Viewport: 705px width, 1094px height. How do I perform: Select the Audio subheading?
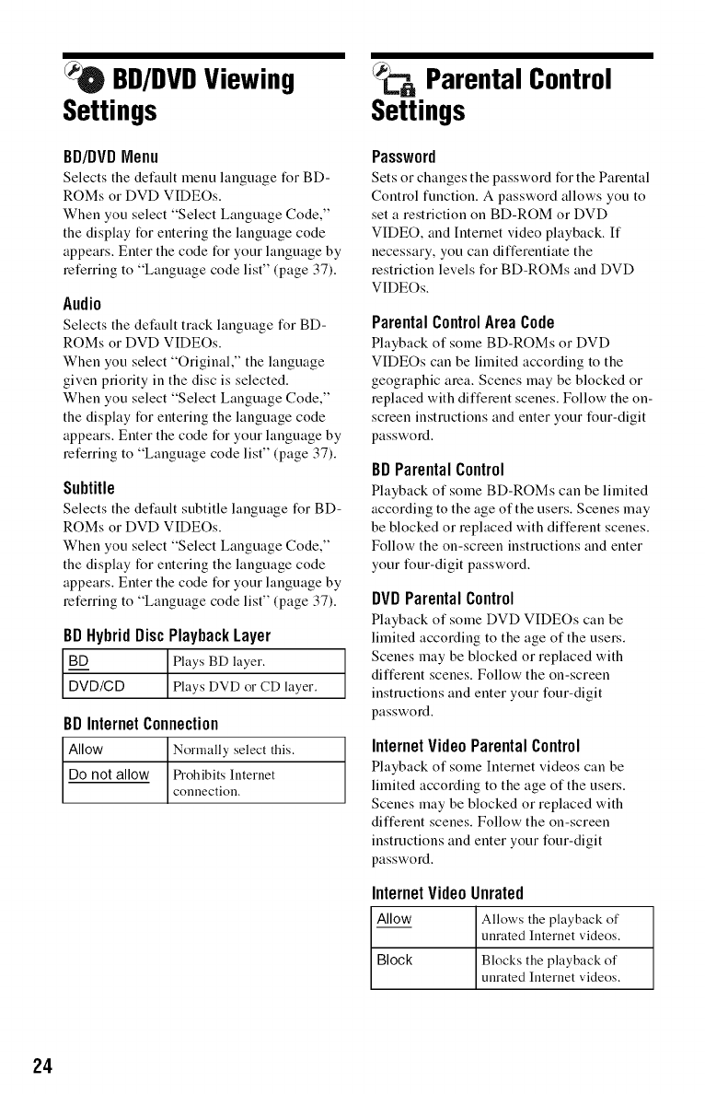pos(82,302)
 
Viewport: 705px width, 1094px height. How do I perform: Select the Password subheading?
pos(403,155)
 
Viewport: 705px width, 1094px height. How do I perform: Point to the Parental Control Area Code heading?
pos(463,322)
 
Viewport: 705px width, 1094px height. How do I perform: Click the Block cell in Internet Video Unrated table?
pos(395,960)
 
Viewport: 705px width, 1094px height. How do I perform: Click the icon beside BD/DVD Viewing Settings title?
pos(78,78)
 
